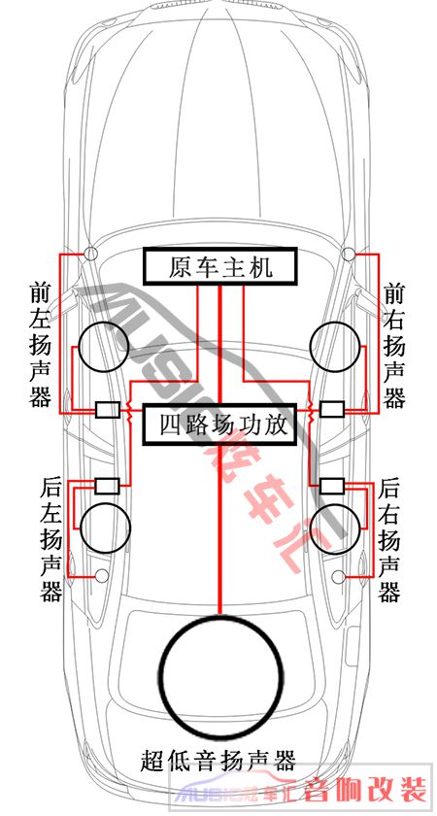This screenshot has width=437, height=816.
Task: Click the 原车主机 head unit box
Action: click(x=220, y=266)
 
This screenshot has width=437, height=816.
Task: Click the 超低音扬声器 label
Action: click(x=218, y=761)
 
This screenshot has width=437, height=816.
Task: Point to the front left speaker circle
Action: click(x=79, y=348)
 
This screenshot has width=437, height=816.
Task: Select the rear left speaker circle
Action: click(x=79, y=527)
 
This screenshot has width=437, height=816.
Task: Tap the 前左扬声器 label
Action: click(x=41, y=344)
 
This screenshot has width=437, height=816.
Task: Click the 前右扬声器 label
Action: click(x=394, y=344)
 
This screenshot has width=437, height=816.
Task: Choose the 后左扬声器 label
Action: click(x=51, y=539)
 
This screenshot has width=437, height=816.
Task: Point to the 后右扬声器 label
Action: click(x=389, y=539)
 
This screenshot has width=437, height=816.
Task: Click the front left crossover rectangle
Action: click(x=108, y=410)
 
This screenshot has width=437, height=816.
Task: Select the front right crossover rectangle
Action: click(x=331, y=410)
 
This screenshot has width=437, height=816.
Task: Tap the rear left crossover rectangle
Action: click(x=108, y=486)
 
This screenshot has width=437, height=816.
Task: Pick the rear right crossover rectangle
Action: click(x=331, y=486)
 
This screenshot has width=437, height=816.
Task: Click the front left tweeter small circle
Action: click(x=90, y=254)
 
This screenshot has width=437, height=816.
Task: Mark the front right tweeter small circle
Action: click(x=349, y=254)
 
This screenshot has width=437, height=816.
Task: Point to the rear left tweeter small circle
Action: click(x=102, y=575)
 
